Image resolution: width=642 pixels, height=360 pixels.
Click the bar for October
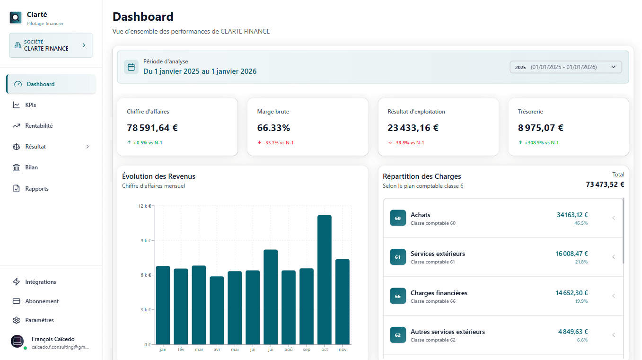pyautogui.click(x=324, y=280)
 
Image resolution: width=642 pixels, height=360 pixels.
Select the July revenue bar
pyautogui.click(x=270, y=297)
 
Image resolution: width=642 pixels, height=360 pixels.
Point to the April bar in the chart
pyautogui.click(x=217, y=310)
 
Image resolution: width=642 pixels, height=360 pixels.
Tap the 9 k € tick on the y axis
pyautogui.click(x=145, y=240)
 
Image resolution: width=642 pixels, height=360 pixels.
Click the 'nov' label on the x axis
pyautogui.click(x=343, y=350)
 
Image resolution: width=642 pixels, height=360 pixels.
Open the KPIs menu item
pyautogui.click(x=30, y=105)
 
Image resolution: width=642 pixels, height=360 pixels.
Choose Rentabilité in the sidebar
pyautogui.click(x=39, y=126)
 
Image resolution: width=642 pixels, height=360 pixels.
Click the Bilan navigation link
pyautogui.click(x=31, y=167)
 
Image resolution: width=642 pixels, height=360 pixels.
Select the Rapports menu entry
pyautogui.click(x=37, y=189)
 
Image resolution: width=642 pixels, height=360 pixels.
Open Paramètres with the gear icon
pyautogui.click(x=17, y=320)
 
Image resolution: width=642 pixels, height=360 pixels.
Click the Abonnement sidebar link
pyautogui.click(x=42, y=301)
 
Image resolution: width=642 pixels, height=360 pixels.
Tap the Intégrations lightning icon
pyautogui.click(x=17, y=282)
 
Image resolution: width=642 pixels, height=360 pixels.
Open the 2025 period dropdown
pyautogui.click(x=565, y=67)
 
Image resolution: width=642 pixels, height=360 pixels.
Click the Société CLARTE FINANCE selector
pyautogui.click(x=51, y=45)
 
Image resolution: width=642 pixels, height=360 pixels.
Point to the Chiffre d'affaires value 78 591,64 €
pyautogui.click(x=152, y=128)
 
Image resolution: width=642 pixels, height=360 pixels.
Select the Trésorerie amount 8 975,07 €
pyautogui.click(x=540, y=128)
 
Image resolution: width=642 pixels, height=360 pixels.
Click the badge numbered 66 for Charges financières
pyautogui.click(x=398, y=296)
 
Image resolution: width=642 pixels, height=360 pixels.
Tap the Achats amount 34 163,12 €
pyautogui.click(x=572, y=215)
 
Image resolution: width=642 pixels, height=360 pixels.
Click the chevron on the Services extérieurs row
pyautogui.click(x=614, y=257)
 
